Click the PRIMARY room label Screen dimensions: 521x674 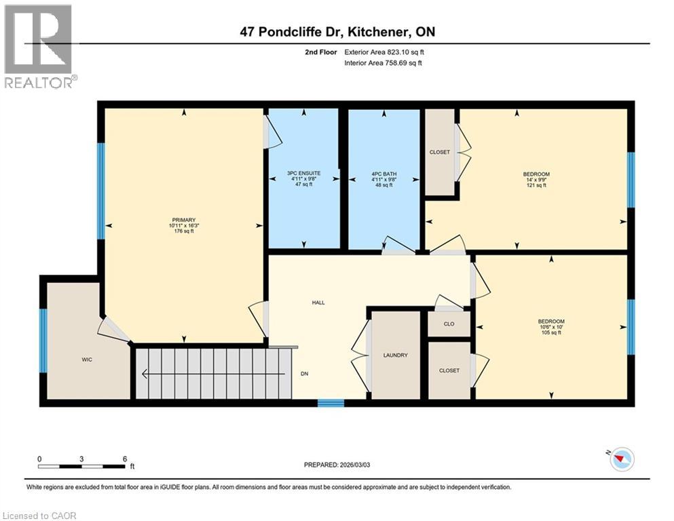click(x=183, y=219)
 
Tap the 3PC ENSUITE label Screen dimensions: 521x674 click(x=303, y=174)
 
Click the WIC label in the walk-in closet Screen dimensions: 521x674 click(x=86, y=360)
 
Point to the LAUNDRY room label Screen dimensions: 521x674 click(x=395, y=355)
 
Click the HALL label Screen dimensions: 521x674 click(x=318, y=303)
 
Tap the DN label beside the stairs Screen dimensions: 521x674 click(x=304, y=373)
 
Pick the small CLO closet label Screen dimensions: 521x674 click(x=449, y=324)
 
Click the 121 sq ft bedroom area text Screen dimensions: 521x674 click(x=536, y=185)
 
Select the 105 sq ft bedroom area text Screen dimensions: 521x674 click(x=550, y=332)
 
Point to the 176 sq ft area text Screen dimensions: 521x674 click(x=183, y=231)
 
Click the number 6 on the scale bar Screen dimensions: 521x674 click(x=124, y=459)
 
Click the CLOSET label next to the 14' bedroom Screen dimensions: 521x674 click(x=440, y=152)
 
